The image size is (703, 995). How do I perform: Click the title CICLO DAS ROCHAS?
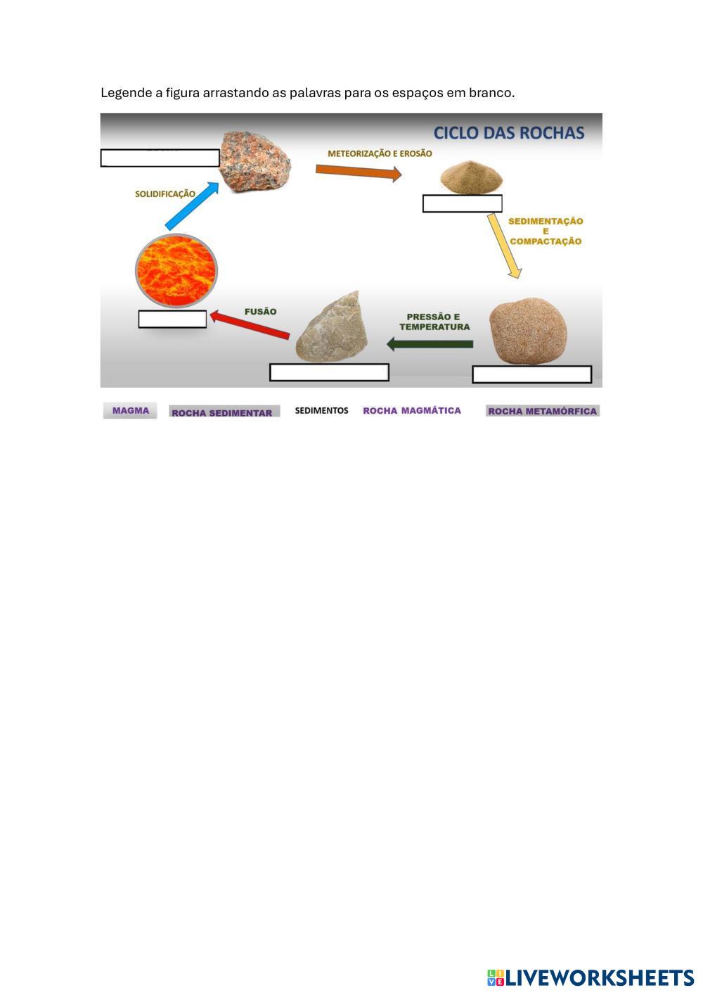tap(508, 133)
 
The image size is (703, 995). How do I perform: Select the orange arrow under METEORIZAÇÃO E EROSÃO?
tap(358, 171)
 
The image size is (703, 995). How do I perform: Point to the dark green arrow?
tap(430, 344)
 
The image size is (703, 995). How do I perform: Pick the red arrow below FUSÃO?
tap(250, 325)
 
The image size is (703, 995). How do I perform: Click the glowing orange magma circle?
tap(176, 271)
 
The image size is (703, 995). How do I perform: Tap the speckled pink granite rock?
tap(254, 163)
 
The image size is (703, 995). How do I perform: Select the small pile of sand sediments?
tap(471, 177)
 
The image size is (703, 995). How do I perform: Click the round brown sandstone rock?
tap(527, 333)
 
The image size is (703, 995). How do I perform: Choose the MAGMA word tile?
tap(130, 411)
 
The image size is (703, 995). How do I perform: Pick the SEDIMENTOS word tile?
tap(321, 410)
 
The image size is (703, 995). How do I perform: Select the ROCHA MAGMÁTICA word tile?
tap(412, 410)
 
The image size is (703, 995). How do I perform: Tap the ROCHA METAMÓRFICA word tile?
tap(542, 411)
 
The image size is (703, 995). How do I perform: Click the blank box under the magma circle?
tap(172, 319)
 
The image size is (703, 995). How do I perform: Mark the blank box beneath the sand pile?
tap(462, 203)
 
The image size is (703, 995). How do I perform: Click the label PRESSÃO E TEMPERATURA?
tap(434, 322)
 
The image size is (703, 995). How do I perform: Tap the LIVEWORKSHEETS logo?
tap(591, 977)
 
